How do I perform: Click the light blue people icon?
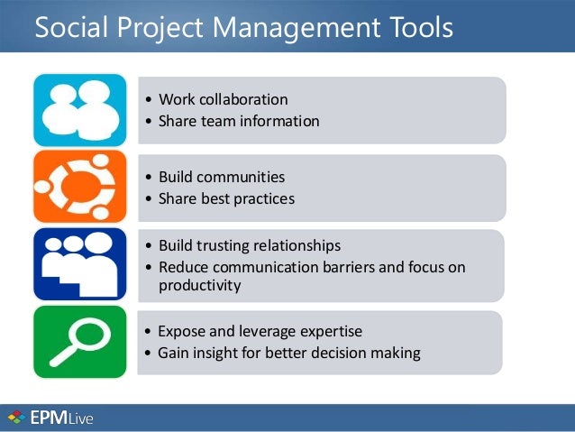[80, 110]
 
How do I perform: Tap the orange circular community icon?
[80, 187]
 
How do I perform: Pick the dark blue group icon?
[80, 263]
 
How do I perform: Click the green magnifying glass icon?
[80, 342]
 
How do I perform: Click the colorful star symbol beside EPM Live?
[15, 418]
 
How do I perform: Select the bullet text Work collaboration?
[223, 99]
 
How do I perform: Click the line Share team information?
[238, 121]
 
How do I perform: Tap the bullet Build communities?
[221, 177]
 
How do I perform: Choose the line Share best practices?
[226, 198]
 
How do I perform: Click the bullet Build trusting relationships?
[249, 245]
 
